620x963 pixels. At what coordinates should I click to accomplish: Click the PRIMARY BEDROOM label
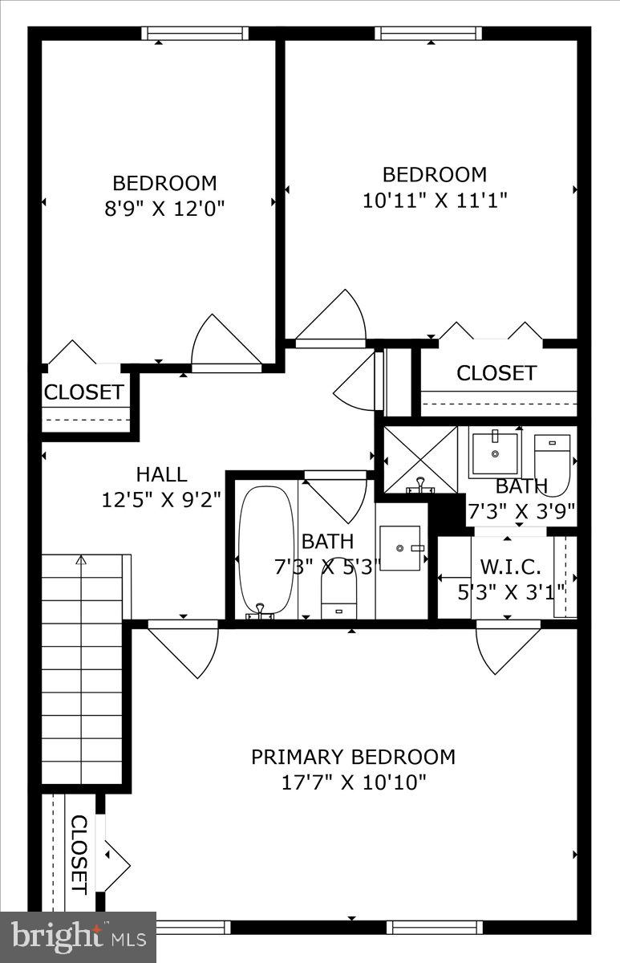coord(353,757)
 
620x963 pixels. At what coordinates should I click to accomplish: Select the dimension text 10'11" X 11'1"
coord(434,200)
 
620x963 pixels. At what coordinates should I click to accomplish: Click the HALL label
coord(161,474)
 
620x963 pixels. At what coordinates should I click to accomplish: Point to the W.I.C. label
coord(510,567)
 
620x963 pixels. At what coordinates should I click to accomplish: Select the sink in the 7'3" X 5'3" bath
coord(400,548)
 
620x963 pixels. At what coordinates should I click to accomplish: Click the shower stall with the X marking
coord(419,460)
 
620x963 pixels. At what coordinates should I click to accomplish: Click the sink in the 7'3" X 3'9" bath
coord(495,453)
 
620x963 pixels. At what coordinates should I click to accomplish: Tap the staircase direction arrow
coord(80,560)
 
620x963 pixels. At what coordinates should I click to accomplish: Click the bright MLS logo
coord(78,937)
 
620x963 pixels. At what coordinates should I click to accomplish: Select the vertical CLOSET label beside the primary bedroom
coord(79,854)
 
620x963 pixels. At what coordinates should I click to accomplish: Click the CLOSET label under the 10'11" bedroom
coord(496,373)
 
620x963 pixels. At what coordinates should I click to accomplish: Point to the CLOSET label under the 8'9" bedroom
coord(84,392)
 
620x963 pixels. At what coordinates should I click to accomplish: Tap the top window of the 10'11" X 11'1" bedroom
coord(428,34)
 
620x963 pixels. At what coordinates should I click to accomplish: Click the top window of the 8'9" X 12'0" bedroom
coord(195,34)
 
